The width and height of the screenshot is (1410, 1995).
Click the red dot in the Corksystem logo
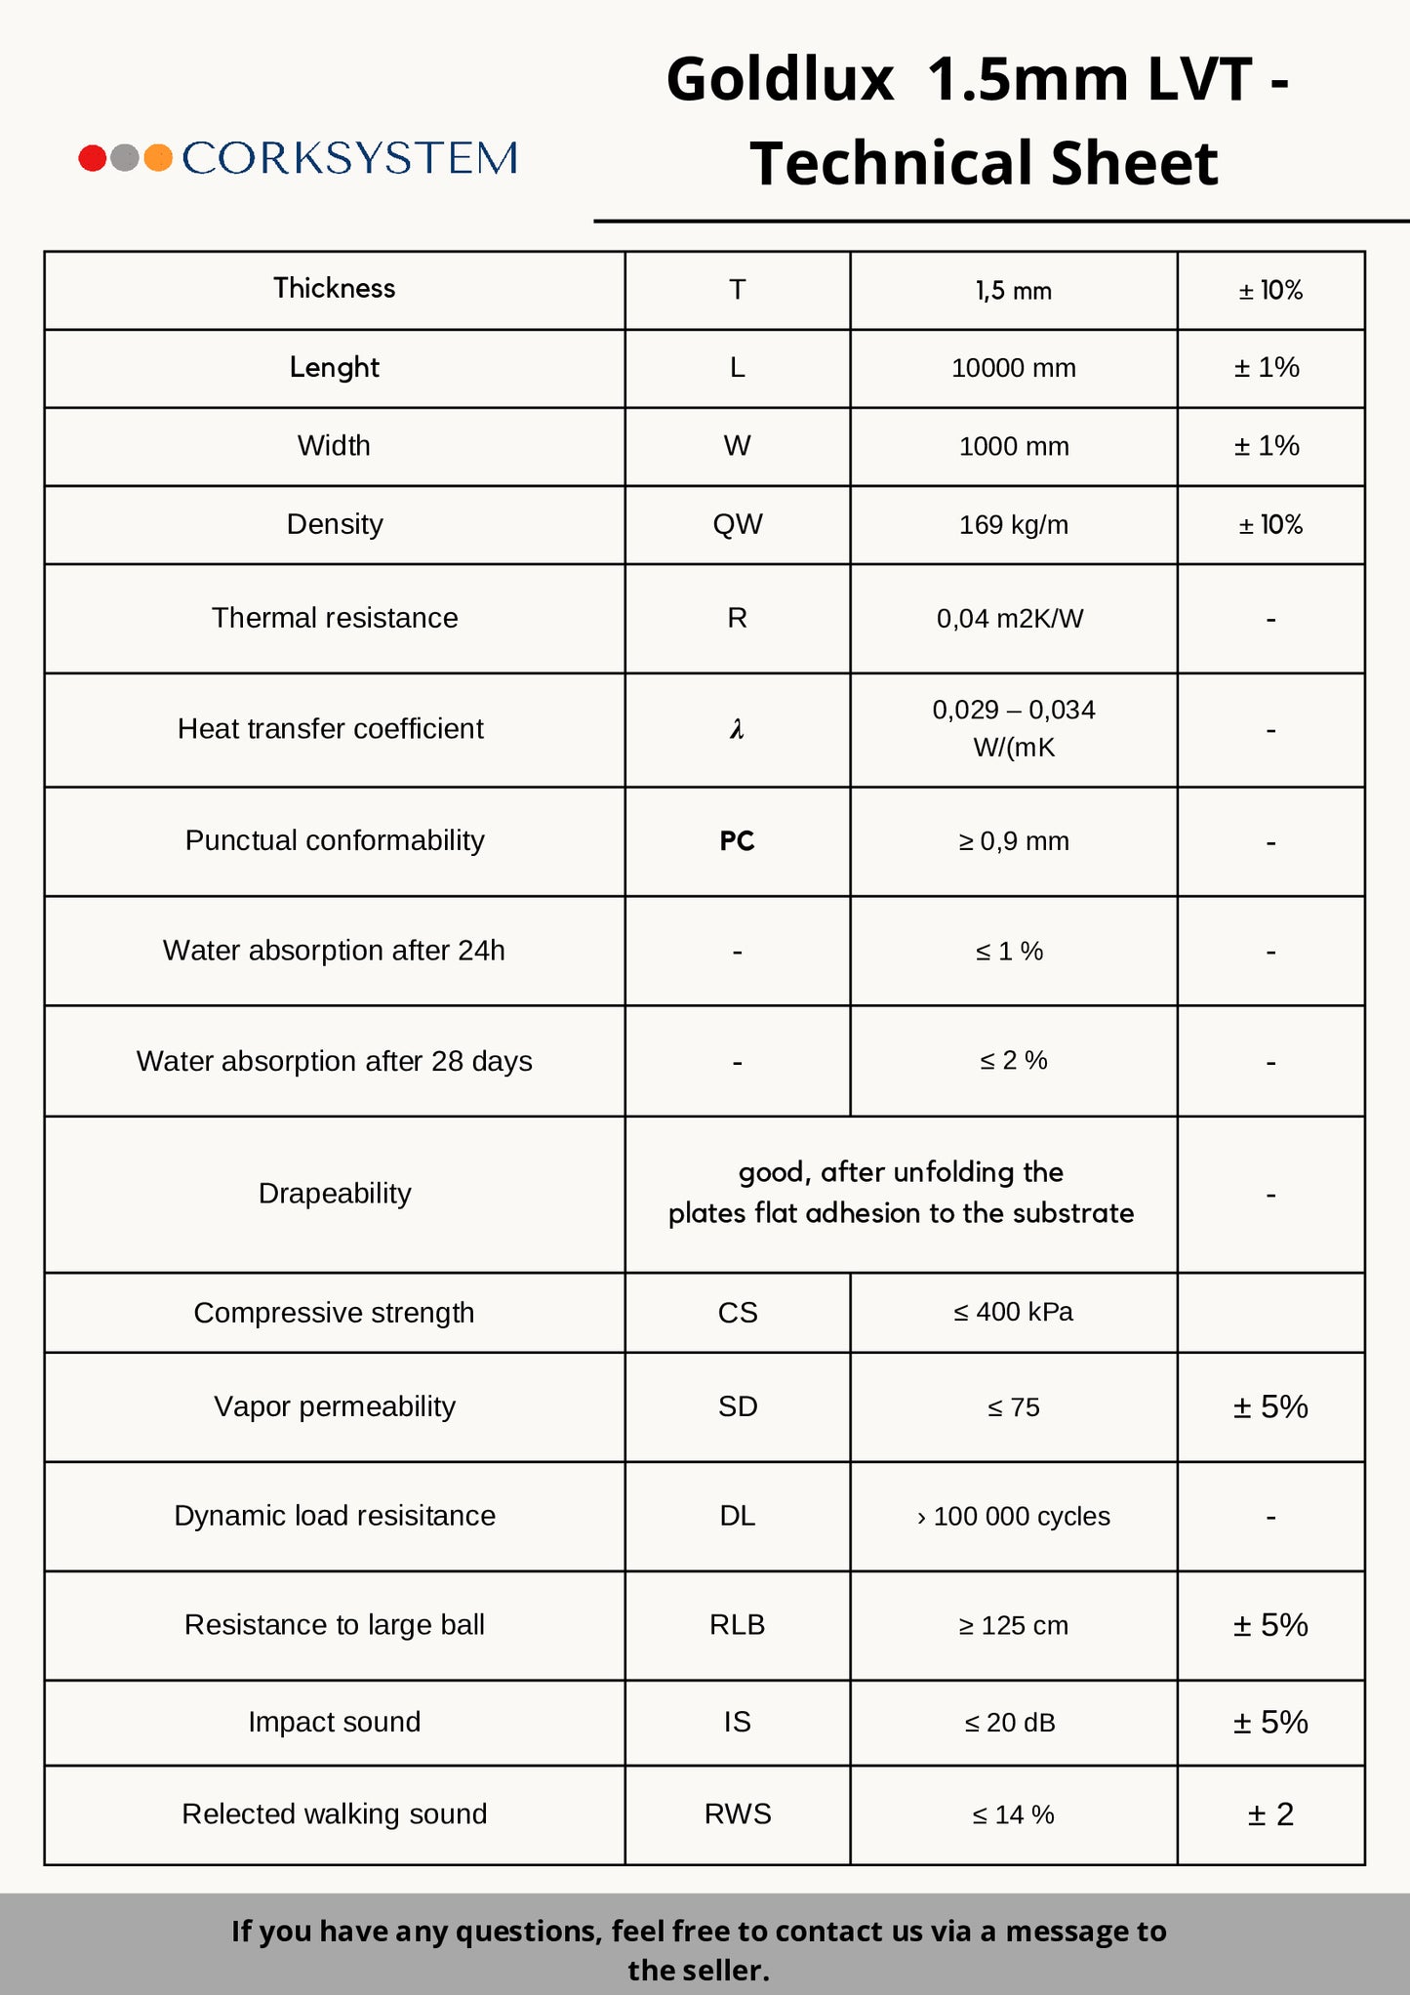point(93,158)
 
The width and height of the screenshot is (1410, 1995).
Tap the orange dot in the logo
point(158,158)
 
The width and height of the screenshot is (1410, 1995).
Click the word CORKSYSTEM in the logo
point(349,158)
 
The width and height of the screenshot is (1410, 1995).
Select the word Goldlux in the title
point(780,80)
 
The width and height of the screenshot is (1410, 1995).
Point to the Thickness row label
point(334,289)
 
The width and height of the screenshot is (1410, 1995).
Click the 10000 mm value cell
point(1013,368)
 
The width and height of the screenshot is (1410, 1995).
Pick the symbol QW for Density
point(737,524)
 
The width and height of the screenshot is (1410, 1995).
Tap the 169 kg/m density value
point(1013,525)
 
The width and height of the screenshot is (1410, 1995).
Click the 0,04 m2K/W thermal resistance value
point(1010,619)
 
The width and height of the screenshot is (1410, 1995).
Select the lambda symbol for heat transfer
point(737,729)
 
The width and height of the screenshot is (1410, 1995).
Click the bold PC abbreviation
point(737,841)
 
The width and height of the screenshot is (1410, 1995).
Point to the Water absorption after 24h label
point(334,951)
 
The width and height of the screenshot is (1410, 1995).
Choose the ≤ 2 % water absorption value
point(1013,1061)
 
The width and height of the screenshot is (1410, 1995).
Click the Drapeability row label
point(334,1194)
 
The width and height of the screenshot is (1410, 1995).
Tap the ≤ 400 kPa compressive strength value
point(1013,1312)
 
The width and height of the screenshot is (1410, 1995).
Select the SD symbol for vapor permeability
point(737,1406)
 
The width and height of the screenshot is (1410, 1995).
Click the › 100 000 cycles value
point(1013,1517)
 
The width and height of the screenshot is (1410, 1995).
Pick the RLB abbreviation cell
point(737,1625)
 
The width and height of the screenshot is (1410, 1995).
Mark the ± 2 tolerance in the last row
point(1270,1814)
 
